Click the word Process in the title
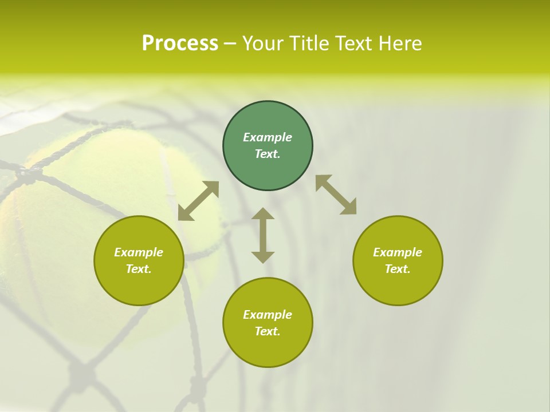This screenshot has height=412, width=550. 180,43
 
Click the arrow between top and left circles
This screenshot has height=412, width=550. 198,201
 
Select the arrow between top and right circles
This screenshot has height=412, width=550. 336,195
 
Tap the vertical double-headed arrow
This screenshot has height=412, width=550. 263,235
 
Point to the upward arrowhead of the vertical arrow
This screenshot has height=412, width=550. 263,214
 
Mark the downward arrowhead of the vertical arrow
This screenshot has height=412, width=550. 263,257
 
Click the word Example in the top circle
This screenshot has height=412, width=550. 268,137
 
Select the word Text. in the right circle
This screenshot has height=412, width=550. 398,269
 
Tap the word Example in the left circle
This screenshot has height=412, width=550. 139,252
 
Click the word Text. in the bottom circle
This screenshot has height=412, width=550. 268,331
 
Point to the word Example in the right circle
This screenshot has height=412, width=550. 398,252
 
